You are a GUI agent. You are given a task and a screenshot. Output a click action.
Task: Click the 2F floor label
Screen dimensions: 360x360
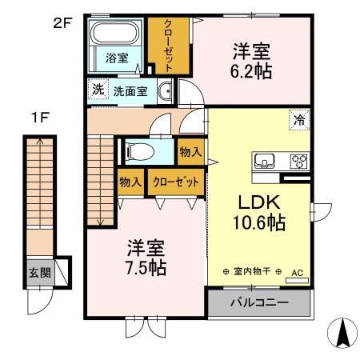click(62, 23)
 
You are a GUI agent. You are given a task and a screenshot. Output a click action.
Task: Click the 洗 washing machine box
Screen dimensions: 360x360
click(97, 90)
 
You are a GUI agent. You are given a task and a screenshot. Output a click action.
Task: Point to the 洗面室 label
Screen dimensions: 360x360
click(130, 90)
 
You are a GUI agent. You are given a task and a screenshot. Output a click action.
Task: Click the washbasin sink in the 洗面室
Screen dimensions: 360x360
click(166, 90)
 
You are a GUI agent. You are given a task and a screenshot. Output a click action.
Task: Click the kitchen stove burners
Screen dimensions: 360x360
click(298, 159)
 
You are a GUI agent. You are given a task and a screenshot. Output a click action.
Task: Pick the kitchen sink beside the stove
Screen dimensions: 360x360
click(266, 160)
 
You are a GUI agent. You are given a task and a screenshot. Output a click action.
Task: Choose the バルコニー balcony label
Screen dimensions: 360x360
click(259, 303)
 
